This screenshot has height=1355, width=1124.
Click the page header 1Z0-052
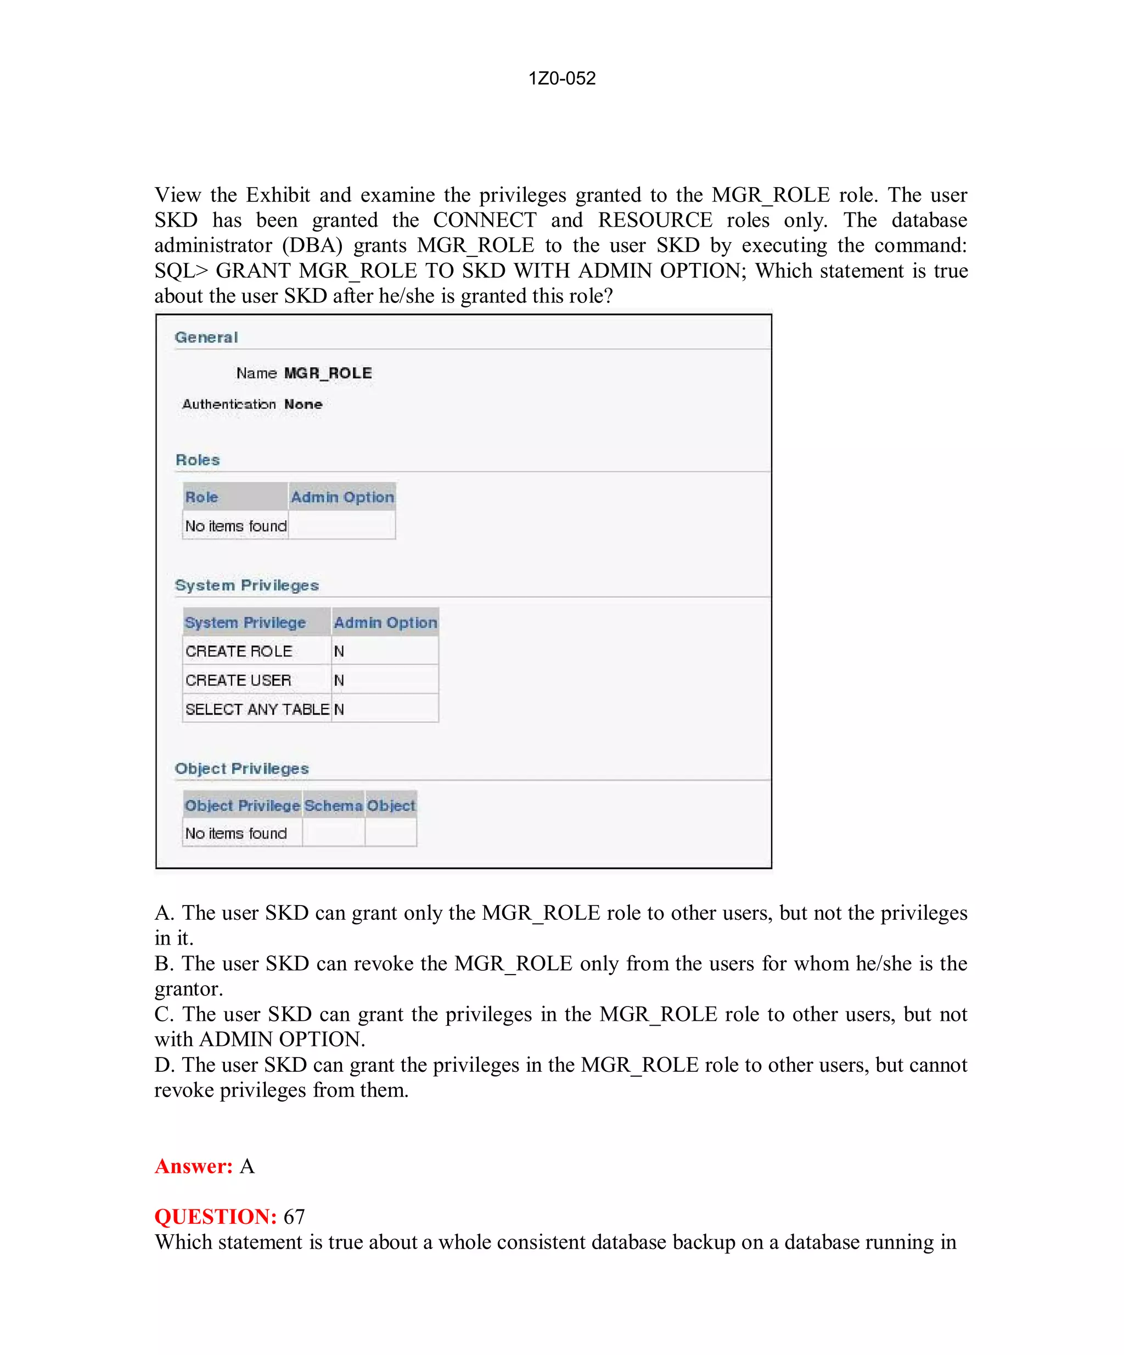point(561,78)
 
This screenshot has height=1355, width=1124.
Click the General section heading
point(206,337)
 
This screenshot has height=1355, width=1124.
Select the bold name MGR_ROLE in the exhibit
point(328,373)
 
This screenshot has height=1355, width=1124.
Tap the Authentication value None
point(304,404)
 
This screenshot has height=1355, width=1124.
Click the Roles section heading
point(198,460)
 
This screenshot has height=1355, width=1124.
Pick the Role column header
point(201,497)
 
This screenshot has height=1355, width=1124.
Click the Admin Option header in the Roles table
point(342,497)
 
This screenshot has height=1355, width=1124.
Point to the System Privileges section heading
point(246,585)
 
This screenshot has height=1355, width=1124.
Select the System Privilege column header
point(245,623)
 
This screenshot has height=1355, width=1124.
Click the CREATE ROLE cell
point(239,651)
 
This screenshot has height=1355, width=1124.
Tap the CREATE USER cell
point(238,680)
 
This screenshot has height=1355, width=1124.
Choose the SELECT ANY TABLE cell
point(257,709)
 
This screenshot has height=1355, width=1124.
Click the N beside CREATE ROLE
point(339,651)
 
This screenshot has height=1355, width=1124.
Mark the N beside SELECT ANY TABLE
point(339,709)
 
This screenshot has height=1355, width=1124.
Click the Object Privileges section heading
point(241,768)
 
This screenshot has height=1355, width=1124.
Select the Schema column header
point(333,805)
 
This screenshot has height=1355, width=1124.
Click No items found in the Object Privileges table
point(235,833)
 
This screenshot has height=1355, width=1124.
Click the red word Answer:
point(194,1166)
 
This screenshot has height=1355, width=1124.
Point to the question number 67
point(294,1216)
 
